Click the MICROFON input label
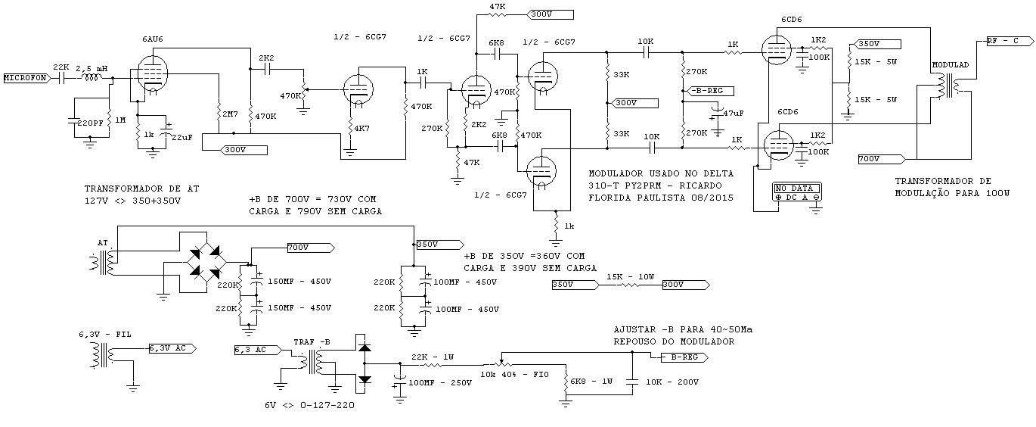click(26, 78)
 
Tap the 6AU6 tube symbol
click(153, 72)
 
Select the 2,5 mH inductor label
click(92, 68)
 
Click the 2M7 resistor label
click(230, 114)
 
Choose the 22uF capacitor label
click(182, 137)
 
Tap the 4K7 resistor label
click(361, 128)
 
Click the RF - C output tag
click(1010, 41)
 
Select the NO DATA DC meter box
click(797, 192)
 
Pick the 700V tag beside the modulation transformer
click(882, 159)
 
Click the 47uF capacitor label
click(733, 114)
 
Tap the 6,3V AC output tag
click(172, 348)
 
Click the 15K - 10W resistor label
click(630, 277)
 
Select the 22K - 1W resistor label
click(433, 357)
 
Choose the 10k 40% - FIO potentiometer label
click(514, 374)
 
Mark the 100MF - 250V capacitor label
click(440, 383)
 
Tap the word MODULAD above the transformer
click(950, 65)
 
